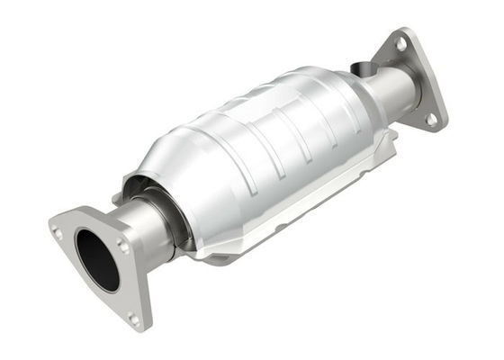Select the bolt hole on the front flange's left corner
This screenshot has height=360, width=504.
click(58, 232)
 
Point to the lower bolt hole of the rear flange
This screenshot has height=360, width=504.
click(431, 117)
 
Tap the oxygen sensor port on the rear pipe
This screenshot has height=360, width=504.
click(361, 68)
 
